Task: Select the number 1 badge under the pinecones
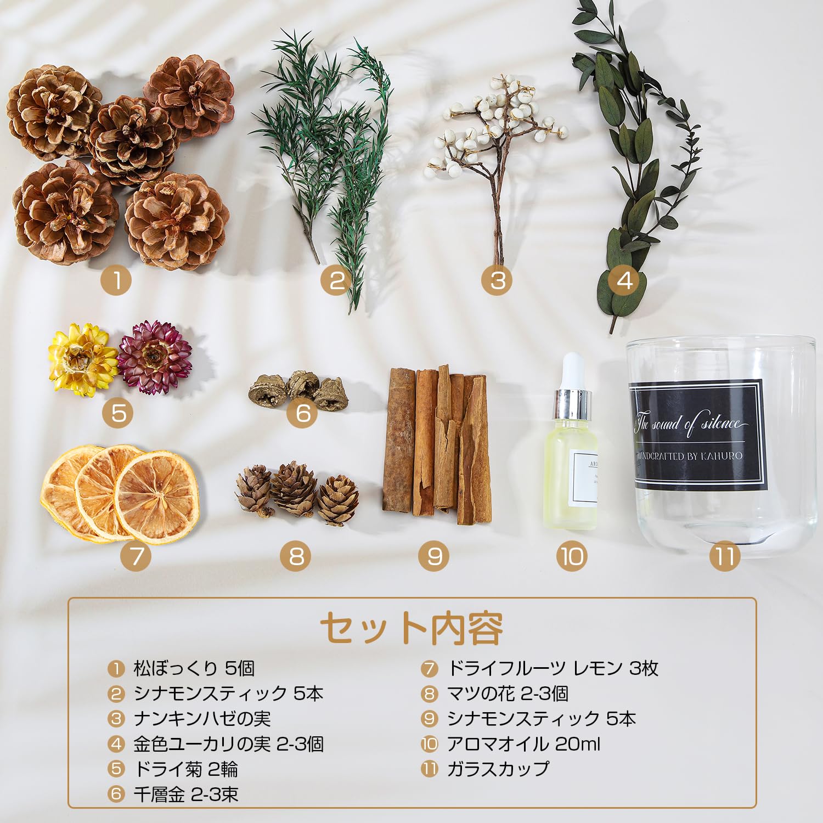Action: [x=116, y=280]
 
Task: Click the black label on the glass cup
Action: [x=697, y=435]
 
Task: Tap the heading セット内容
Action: [x=411, y=628]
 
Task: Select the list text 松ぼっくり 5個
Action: [x=194, y=668]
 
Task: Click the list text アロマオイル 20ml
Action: [x=523, y=744]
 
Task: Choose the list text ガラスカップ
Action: [x=498, y=769]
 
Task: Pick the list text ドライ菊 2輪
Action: [x=185, y=769]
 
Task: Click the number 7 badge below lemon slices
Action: [x=136, y=556]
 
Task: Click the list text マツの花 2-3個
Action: [x=508, y=694]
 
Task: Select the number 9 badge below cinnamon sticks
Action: [x=434, y=556]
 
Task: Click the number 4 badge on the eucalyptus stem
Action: [x=624, y=280]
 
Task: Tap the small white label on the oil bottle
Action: [x=584, y=477]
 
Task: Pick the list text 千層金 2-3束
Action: [x=186, y=794]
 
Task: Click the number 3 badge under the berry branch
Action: [x=497, y=280]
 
